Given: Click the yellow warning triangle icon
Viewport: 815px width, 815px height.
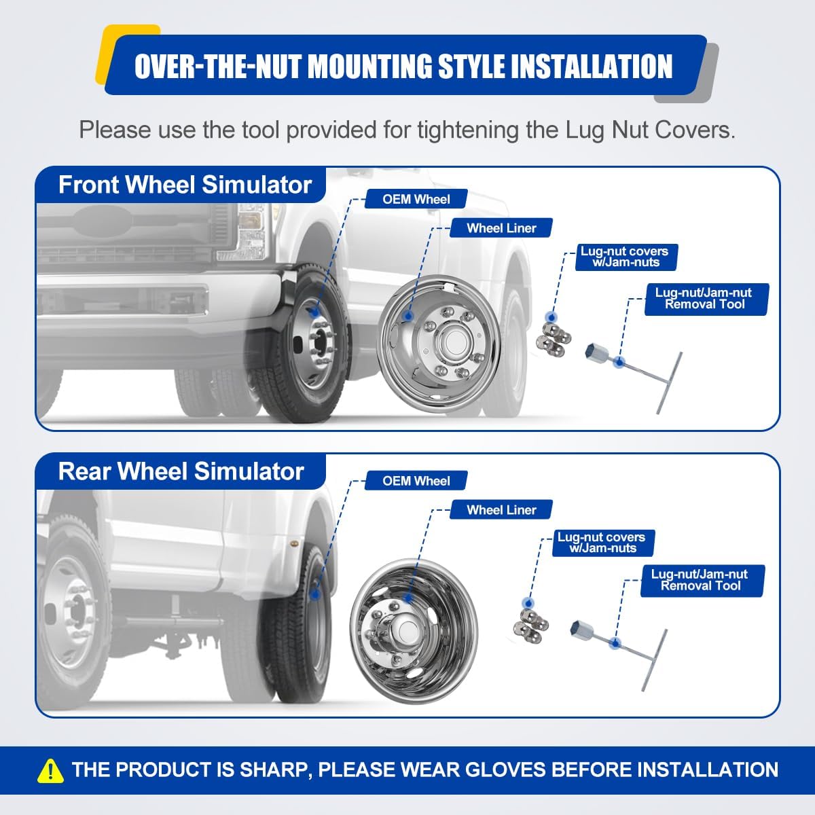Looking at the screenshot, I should click(51, 770).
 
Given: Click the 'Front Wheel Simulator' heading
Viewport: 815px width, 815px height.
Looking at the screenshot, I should click(185, 185).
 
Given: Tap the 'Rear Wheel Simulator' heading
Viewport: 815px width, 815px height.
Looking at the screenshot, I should click(181, 471).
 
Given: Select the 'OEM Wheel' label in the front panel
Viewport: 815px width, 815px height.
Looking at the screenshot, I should click(416, 199).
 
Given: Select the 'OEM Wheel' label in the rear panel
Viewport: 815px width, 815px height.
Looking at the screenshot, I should click(416, 481).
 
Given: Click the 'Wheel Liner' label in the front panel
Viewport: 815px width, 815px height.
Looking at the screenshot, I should click(501, 228).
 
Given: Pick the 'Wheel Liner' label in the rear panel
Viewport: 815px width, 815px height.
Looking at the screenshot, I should click(501, 510).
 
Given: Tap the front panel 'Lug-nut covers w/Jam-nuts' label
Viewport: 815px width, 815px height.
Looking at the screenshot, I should click(626, 257).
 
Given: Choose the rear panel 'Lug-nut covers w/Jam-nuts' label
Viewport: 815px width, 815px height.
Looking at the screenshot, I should click(602, 543).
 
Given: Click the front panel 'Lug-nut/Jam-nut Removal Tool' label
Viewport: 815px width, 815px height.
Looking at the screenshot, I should click(704, 299).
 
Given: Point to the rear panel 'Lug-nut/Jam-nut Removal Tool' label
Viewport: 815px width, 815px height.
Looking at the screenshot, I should click(700, 581).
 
